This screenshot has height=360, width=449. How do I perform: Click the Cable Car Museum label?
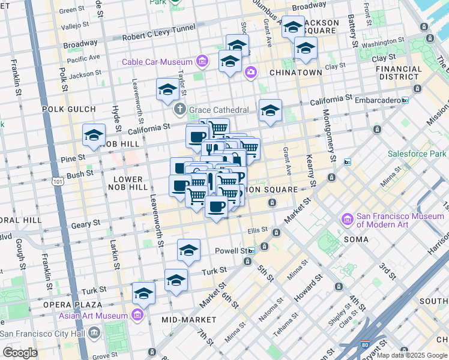(157, 62)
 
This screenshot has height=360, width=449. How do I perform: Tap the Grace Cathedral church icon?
(179, 110)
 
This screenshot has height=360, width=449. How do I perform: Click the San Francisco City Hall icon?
(94, 333)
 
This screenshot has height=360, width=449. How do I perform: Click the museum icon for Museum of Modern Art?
(346, 220)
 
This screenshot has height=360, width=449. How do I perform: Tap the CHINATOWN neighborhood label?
(295, 72)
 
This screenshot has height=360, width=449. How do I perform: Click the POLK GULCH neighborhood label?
(69, 109)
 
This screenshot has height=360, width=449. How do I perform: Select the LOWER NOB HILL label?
(128, 183)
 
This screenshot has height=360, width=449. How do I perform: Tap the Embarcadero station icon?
(405, 100)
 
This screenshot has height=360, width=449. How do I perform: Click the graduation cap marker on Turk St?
(176, 280)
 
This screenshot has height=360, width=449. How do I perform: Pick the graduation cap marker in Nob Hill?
(94, 136)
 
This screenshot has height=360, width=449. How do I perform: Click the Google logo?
(20, 353)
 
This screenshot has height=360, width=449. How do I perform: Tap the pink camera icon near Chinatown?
(250, 73)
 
